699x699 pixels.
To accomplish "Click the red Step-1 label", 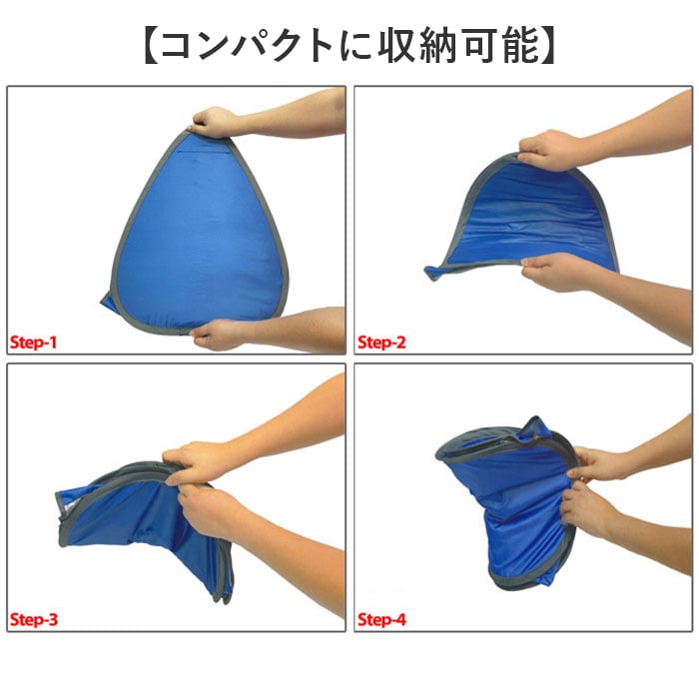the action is tap(33, 343).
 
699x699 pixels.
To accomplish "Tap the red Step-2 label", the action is tap(382, 343).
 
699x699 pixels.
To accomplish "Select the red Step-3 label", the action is tap(34, 620).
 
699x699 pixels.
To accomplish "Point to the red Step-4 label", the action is tap(382, 620).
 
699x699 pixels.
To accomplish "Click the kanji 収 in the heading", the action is tap(396, 45).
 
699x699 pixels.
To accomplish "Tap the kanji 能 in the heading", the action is tap(521, 45).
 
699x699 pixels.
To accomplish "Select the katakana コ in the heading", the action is tap(178, 46).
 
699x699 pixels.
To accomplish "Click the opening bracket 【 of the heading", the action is tap(152, 45).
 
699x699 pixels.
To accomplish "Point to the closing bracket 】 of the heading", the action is tap(547, 45).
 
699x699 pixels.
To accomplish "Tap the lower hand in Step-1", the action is tap(217, 335).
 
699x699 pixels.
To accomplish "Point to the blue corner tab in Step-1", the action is tap(108, 304).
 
